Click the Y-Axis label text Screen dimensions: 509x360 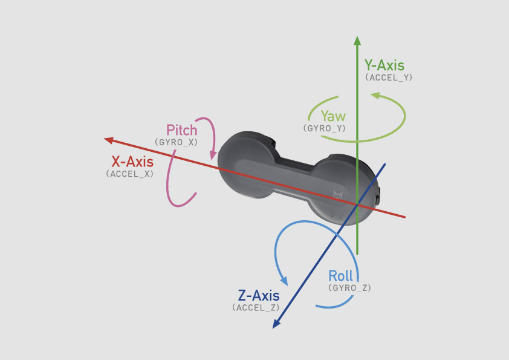(384, 65)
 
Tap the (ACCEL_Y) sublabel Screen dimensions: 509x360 (389, 77)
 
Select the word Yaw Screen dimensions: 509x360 (333, 116)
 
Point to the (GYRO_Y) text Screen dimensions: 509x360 (324, 128)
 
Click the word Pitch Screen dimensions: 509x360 (182, 130)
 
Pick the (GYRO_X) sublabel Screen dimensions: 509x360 (177, 142)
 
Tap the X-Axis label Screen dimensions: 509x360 (132, 162)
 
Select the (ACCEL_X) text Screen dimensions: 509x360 (129, 174)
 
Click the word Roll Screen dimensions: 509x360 (340, 276)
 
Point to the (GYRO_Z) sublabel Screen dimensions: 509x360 (349, 288)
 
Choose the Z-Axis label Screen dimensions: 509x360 (259, 296)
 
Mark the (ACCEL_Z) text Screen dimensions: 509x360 (256, 308)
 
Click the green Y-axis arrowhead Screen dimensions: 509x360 (357, 41)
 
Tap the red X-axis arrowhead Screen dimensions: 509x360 (109, 140)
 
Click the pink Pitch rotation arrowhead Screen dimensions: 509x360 (213, 155)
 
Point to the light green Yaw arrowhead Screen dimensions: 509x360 (375, 96)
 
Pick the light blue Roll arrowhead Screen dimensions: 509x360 (284, 281)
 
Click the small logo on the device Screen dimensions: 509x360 (338, 195)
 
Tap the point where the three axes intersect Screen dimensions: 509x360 (357, 205)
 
